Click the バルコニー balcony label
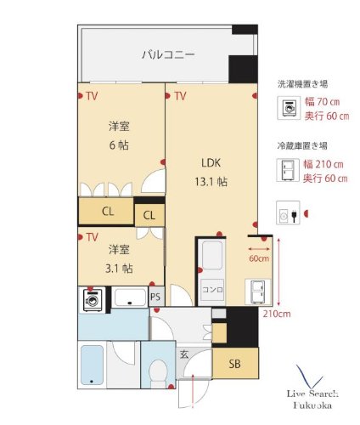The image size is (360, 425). pyautogui.click(x=167, y=55)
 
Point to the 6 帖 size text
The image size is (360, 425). pyautogui.click(x=119, y=145)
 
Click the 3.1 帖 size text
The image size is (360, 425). pyautogui.click(x=119, y=269)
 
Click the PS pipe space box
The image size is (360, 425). pyautogui.click(x=155, y=297)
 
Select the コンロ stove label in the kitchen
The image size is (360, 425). pyautogui.click(x=211, y=290)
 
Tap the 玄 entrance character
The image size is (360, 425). pyautogui.click(x=183, y=355)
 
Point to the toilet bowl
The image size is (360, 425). pyautogui.click(x=155, y=371)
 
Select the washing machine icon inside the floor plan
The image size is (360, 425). pyautogui.click(x=93, y=298)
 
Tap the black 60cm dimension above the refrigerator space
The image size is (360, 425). pyautogui.click(x=259, y=258)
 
